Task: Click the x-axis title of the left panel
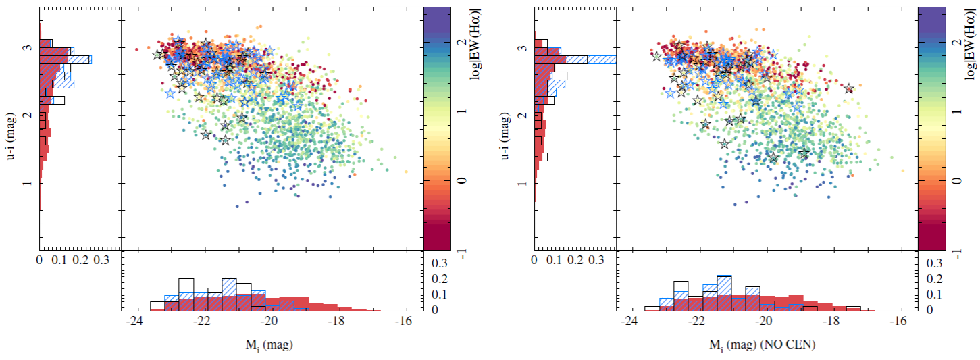click(269, 344)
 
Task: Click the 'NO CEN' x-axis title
click(765, 344)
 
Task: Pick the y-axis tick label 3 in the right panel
click(521, 49)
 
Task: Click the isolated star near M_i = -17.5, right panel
click(849, 89)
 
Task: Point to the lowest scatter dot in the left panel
click(237, 206)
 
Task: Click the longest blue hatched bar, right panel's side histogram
click(590, 59)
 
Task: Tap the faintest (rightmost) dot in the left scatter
click(406, 172)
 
